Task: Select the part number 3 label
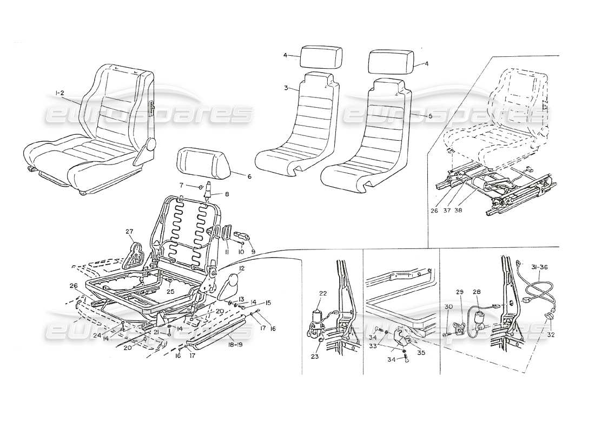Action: click(285, 88)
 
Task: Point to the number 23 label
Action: click(315, 357)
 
